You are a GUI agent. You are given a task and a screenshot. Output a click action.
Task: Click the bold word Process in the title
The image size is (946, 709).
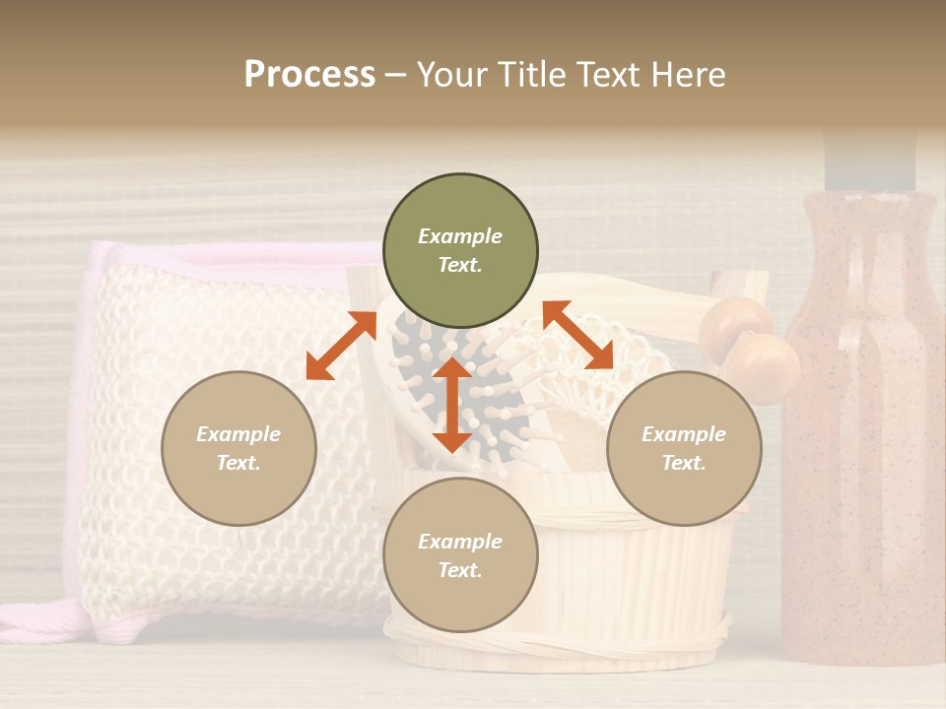[309, 75]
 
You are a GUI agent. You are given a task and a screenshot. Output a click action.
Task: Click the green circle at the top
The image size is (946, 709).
[460, 251]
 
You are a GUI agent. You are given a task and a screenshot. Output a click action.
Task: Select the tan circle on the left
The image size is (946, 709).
[238, 448]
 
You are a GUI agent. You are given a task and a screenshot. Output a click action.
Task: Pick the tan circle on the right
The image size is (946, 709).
[684, 448]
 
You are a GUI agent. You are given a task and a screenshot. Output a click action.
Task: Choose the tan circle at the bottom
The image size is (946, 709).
[460, 555]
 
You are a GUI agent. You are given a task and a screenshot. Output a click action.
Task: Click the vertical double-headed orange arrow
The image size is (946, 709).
[452, 404]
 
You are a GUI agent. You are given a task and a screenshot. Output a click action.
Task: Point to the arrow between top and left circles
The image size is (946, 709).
[341, 347]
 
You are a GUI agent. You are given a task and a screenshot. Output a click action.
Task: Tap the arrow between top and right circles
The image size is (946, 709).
[578, 335]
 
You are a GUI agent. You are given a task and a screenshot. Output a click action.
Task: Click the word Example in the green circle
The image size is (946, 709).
[460, 236]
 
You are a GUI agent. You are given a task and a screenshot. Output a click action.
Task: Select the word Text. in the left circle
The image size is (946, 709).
[238, 463]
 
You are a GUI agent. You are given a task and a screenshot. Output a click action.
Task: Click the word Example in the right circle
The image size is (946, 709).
[684, 434]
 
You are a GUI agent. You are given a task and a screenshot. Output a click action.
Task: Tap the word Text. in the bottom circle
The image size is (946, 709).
[460, 570]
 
